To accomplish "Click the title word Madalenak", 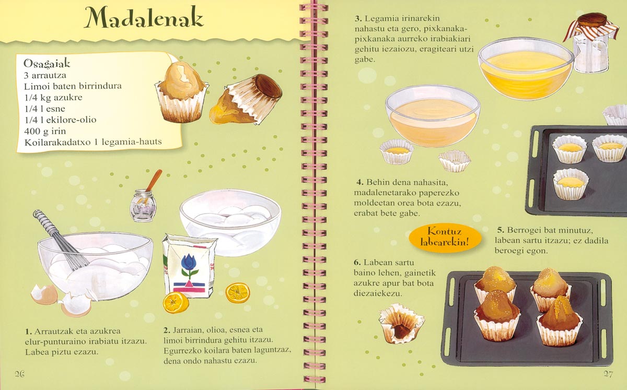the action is click(x=144, y=17).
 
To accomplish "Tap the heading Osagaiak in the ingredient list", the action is click(x=47, y=64).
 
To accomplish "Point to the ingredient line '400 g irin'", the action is click(x=45, y=131).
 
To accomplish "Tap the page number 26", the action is click(x=20, y=374).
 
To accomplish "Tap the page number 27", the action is click(x=608, y=374).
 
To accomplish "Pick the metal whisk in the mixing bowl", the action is click(x=60, y=240).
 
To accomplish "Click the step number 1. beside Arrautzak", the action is click(x=28, y=332).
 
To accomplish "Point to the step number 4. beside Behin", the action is click(x=360, y=182).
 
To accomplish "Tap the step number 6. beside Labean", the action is click(x=357, y=263).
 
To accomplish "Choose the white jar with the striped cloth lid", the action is click(x=590, y=45).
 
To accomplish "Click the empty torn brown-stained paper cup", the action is click(x=401, y=324).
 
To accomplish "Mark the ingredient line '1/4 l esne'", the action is click(x=44, y=109).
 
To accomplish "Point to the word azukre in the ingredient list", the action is click(x=68, y=97).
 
